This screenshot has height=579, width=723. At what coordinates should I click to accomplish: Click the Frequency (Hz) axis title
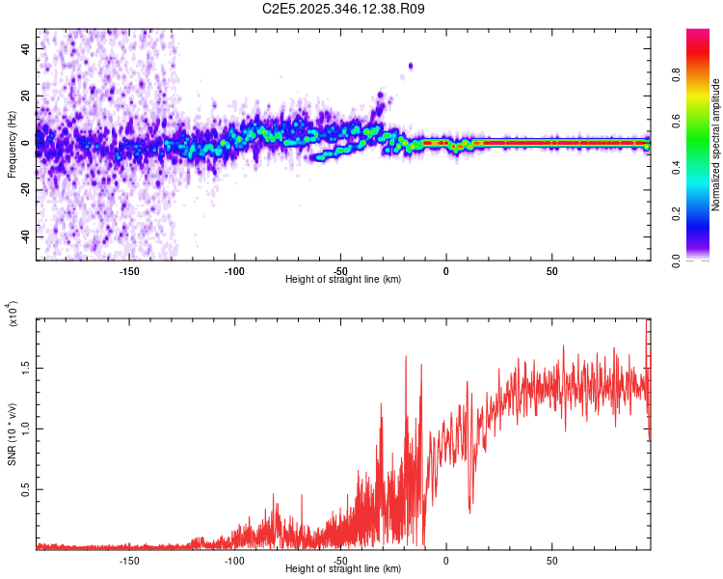tap(12, 145)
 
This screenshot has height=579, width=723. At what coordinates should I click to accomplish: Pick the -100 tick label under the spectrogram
tap(234, 270)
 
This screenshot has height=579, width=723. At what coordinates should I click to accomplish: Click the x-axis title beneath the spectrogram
tap(343, 279)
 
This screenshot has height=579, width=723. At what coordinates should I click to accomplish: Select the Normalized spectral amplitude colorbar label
tap(716, 145)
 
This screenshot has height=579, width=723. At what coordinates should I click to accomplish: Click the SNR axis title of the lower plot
tap(12, 435)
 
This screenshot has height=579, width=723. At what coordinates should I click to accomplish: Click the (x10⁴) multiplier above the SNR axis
tap(12, 314)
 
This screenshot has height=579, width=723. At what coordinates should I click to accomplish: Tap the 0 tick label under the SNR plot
tap(445, 560)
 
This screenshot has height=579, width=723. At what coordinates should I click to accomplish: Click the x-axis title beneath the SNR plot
tap(343, 569)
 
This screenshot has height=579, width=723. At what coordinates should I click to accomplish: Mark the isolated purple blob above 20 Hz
tap(410, 66)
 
